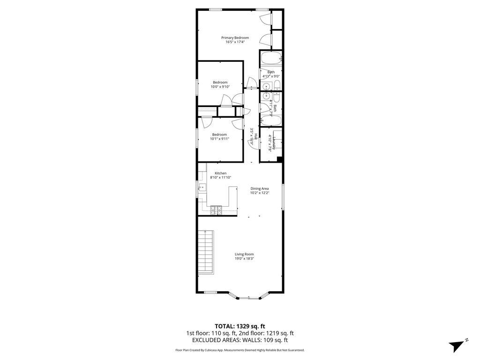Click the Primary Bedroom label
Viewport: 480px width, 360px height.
[235, 37]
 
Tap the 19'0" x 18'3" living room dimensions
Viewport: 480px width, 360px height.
[244, 258]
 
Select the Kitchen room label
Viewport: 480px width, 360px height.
[220, 173]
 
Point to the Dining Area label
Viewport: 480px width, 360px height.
[259, 188]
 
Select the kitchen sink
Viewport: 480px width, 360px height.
[202, 188]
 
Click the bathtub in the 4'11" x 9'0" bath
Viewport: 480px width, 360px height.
[270, 59]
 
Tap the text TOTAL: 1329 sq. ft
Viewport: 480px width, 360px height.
[240, 326]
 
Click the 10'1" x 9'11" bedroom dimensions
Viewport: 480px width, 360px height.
[219, 139]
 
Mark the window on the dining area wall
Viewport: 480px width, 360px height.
[283, 197]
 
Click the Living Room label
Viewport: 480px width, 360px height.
[244, 254]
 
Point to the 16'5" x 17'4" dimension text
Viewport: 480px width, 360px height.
[235, 42]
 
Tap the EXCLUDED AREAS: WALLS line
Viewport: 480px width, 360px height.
[240, 340]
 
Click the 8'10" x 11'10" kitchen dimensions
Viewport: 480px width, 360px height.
[220, 178]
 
